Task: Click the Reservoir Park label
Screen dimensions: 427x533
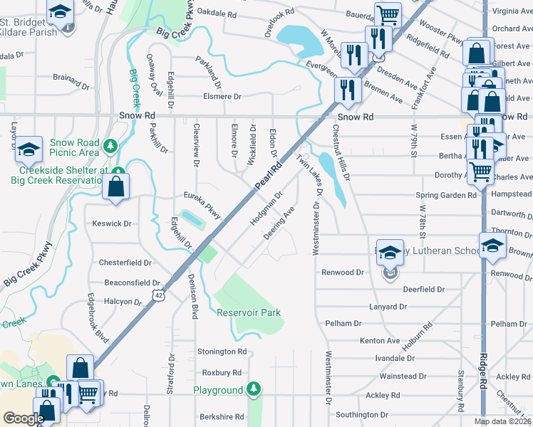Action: point(249,312)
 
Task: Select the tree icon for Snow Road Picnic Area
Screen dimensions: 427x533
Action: point(110,147)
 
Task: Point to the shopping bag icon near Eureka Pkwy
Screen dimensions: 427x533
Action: point(115,187)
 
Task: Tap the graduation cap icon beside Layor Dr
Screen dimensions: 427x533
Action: point(28,149)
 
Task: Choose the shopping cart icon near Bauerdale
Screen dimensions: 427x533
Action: point(387,14)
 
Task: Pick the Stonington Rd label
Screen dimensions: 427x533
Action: point(222,352)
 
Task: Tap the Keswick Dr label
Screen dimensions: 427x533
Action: point(113,223)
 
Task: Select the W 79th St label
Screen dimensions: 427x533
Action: point(413,143)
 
